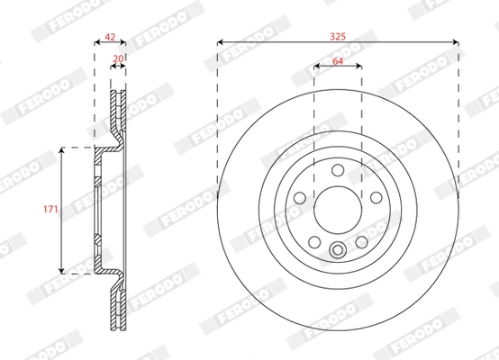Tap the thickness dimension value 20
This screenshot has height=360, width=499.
118,59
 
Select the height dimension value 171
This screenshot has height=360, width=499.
50,210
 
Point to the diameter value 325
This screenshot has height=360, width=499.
338,37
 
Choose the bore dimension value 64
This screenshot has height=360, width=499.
338,61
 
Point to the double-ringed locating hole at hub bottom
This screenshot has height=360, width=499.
338,251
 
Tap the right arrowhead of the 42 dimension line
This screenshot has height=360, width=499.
125,41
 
